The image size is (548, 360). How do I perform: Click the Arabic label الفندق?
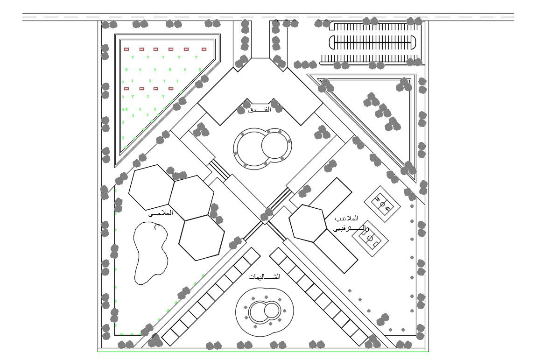(x=260, y=110)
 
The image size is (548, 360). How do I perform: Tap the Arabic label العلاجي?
(x=161, y=213)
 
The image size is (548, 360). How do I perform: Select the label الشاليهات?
(x=265, y=277)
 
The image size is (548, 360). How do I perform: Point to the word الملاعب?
(x=347, y=219)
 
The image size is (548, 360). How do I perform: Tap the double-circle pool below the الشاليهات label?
(x=264, y=311)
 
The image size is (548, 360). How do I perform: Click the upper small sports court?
(x=382, y=204)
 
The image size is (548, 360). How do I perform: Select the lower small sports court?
(x=370, y=238)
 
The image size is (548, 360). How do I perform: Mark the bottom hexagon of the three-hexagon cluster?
(x=201, y=238)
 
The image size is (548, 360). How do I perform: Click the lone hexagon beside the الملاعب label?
(x=307, y=223)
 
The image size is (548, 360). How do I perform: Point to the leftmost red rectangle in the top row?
(x=126, y=49)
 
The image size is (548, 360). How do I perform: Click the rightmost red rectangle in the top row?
(x=204, y=49)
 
